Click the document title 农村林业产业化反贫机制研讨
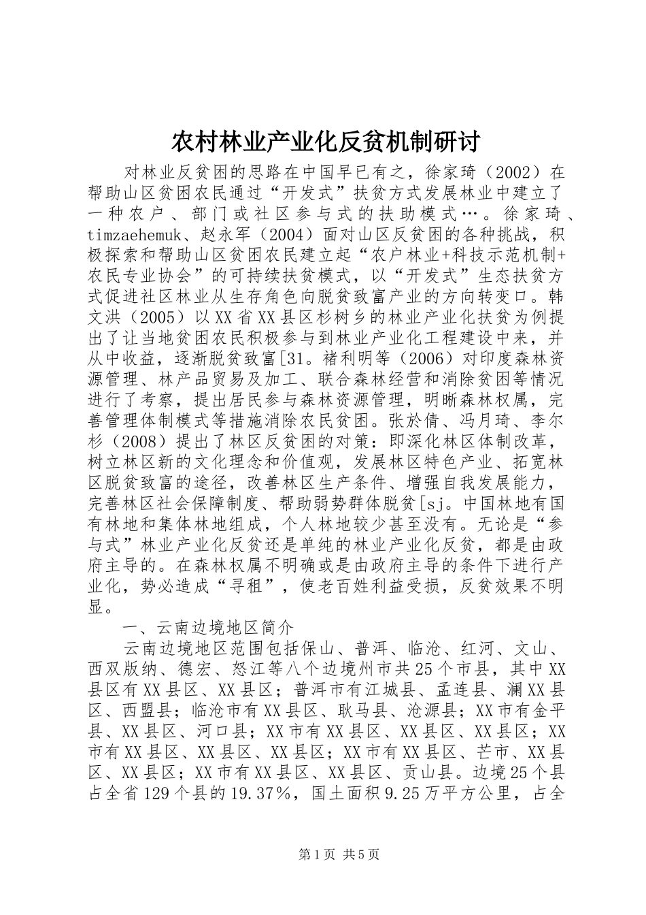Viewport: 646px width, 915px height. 324,142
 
